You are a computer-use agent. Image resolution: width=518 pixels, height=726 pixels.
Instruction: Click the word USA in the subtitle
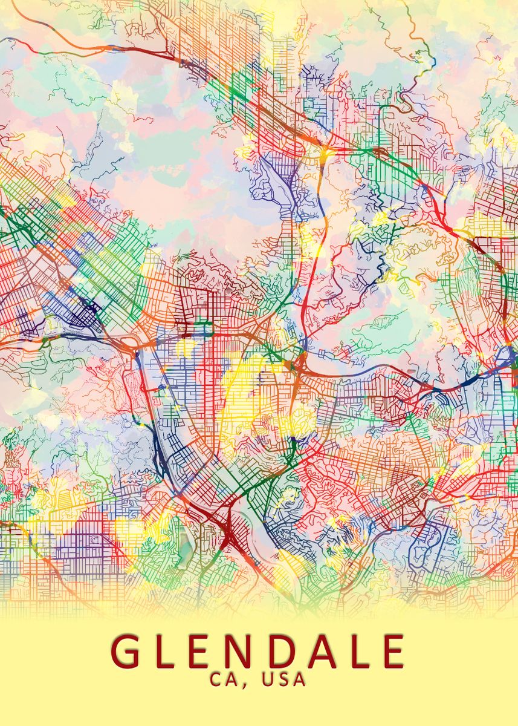[x=284, y=679]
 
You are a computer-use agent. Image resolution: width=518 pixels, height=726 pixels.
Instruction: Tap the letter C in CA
[x=218, y=679]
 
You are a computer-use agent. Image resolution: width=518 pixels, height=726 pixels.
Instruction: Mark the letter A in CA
[x=235, y=679]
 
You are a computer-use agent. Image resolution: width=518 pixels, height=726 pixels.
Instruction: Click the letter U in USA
[x=268, y=679]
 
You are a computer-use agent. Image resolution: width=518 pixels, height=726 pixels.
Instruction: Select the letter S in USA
[x=283, y=679]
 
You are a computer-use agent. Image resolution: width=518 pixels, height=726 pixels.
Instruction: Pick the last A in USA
[x=299, y=679]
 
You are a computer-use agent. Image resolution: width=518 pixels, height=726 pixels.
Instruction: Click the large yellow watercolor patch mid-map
[x=248, y=393]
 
